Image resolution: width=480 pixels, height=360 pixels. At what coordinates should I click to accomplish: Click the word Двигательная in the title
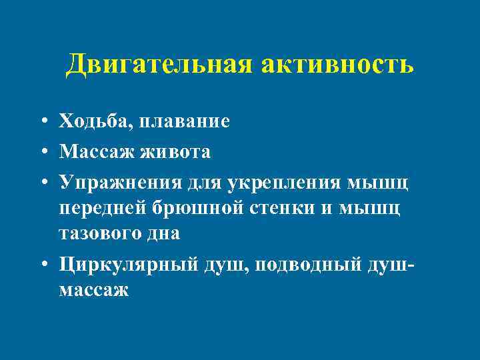click(158, 65)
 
